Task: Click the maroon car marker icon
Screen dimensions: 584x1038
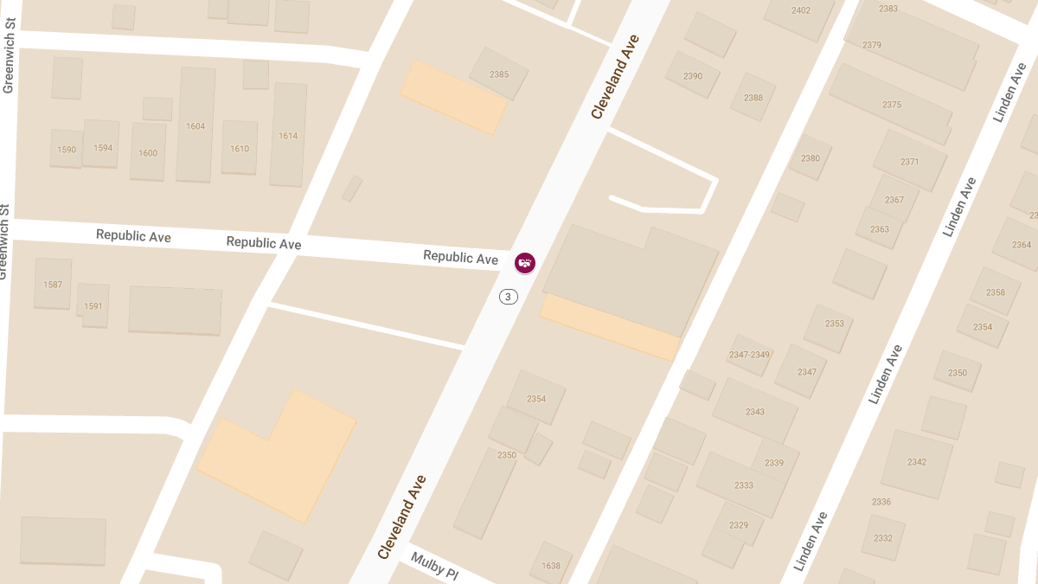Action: [525, 262]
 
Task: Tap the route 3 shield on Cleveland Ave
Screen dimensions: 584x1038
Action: [508, 297]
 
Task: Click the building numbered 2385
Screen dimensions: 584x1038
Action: [499, 74]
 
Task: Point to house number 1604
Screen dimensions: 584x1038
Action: [195, 126]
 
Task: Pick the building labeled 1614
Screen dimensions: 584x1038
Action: [288, 136]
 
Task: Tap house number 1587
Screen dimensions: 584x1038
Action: [53, 284]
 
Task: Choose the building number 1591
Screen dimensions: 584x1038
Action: [93, 306]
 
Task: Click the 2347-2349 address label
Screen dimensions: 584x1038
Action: [749, 355]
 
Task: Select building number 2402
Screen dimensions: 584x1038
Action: [801, 10]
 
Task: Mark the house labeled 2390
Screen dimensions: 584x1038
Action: [693, 76]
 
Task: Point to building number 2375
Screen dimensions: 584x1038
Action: [892, 105]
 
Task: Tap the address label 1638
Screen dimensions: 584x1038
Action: [551, 567]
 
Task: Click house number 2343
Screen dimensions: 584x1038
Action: [755, 412]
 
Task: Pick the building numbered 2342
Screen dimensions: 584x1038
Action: [917, 462]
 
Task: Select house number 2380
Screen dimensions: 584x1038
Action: [811, 158]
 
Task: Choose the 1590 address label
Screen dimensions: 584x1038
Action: [67, 150]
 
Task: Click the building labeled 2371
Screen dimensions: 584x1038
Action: [909, 162]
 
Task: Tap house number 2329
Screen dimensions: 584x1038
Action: [739, 525]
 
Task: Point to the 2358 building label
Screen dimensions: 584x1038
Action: [996, 292]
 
